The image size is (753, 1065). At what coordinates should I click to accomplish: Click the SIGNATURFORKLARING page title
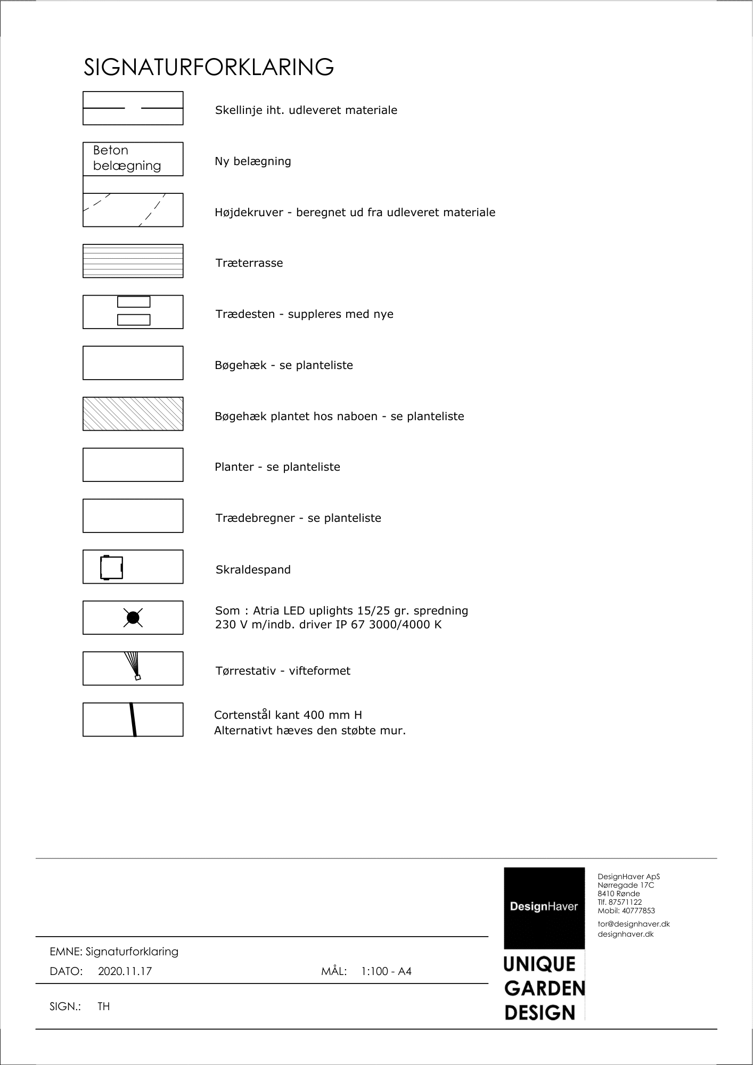(209, 68)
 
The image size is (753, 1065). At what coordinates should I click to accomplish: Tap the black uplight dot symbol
(133, 618)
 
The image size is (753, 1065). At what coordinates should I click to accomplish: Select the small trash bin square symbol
(111, 568)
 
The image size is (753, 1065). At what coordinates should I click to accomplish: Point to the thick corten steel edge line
(133, 720)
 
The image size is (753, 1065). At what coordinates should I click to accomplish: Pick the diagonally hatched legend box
(133, 414)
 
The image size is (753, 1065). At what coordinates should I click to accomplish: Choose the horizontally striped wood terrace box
(133, 261)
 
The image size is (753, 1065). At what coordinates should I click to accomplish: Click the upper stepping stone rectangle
(134, 302)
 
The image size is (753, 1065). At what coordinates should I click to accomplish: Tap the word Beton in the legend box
(110, 150)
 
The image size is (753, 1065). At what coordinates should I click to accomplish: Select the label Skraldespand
(253, 570)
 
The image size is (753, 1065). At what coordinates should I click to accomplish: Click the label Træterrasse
(249, 263)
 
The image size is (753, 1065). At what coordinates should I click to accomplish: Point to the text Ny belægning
(253, 161)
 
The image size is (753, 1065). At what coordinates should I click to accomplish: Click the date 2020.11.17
(125, 971)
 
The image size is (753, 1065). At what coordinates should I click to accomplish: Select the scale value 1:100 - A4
(386, 971)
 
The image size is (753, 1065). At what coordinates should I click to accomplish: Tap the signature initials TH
(104, 1006)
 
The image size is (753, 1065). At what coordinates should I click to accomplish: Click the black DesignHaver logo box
(544, 907)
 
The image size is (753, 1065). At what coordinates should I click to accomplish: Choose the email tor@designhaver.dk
(634, 924)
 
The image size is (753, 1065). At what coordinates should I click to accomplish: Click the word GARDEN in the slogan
(544, 989)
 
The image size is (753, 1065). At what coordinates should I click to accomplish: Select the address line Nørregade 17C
(626, 885)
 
